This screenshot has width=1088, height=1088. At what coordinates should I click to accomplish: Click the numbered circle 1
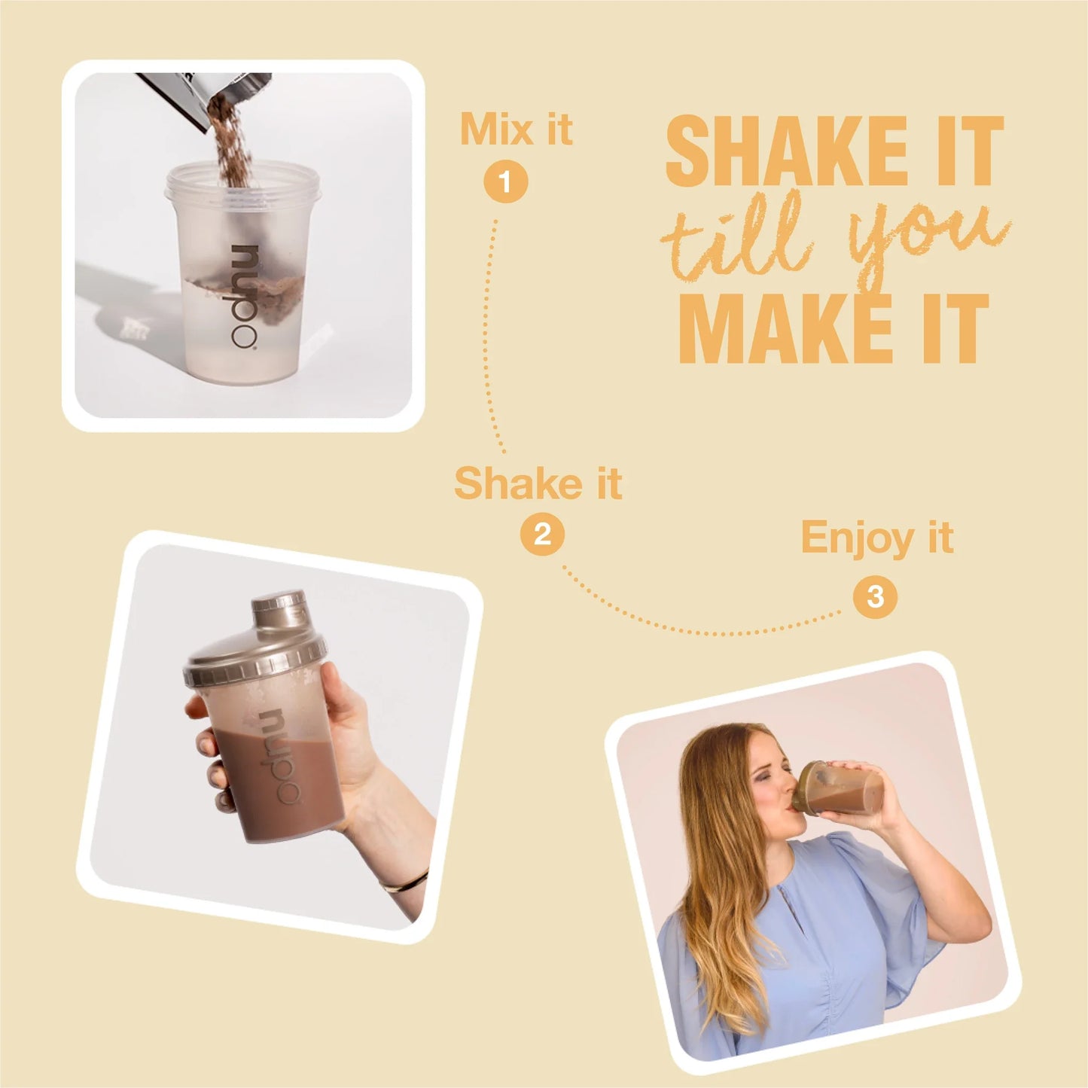coord(505,182)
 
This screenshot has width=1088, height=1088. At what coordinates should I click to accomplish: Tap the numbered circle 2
coord(542,535)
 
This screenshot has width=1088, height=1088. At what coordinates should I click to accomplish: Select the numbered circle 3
coord(875,597)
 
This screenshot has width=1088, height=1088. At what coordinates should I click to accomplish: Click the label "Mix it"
coord(516,130)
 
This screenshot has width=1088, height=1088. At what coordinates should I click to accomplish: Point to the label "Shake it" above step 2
coord(538,483)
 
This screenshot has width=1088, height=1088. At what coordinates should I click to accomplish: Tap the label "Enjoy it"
coord(876,538)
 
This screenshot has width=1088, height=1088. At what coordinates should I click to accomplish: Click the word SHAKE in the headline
coord(787,151)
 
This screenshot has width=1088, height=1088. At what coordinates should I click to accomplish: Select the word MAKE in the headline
coord(787,329)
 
